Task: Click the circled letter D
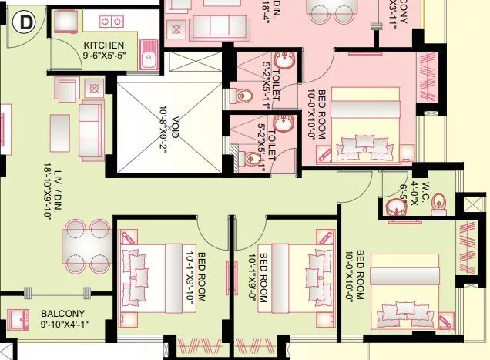[x=25, y=23]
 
